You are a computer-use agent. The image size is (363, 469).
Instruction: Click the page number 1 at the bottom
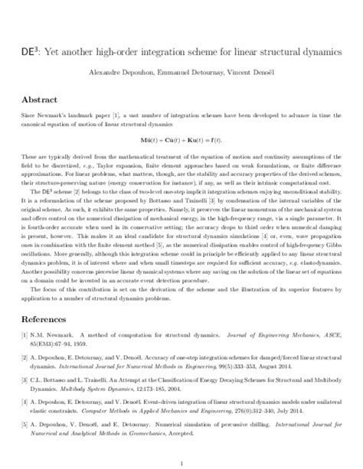[x=181, y=462]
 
